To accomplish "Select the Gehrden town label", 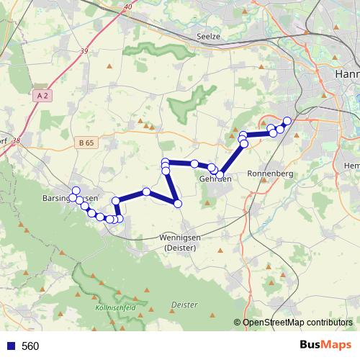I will pyautogui.click(x=215, y=179).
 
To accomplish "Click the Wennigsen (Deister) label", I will pyautogui.click(x=180, y=242).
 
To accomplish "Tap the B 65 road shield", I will pyautogui.click(x=85, y=143).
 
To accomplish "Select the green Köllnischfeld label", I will pyautogui.click(x=114, y=308).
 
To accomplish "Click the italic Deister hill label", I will pyautogui.click(x=185, y=305).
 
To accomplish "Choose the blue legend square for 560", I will pyautogui.click(x=11, y=346).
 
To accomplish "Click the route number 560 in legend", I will pyautogui.click(x=31, y=346).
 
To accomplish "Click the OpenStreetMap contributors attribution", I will pyautogui.click(x=296, y=323).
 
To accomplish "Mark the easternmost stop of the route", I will pyautogui.click(x=287, y=121).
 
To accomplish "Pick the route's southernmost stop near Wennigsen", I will pyautogui.click(x=178, y=204).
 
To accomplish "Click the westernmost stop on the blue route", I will pyautogui.click(x=76, y=191).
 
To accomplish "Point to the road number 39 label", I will pyautogui.click(x=84, y=51).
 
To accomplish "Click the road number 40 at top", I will pyautogui.click(x=127, y=6).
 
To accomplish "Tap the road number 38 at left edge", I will pyautogui.click(x=16, y=141).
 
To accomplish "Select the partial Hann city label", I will pyautogui.click(x=347, y=74).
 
